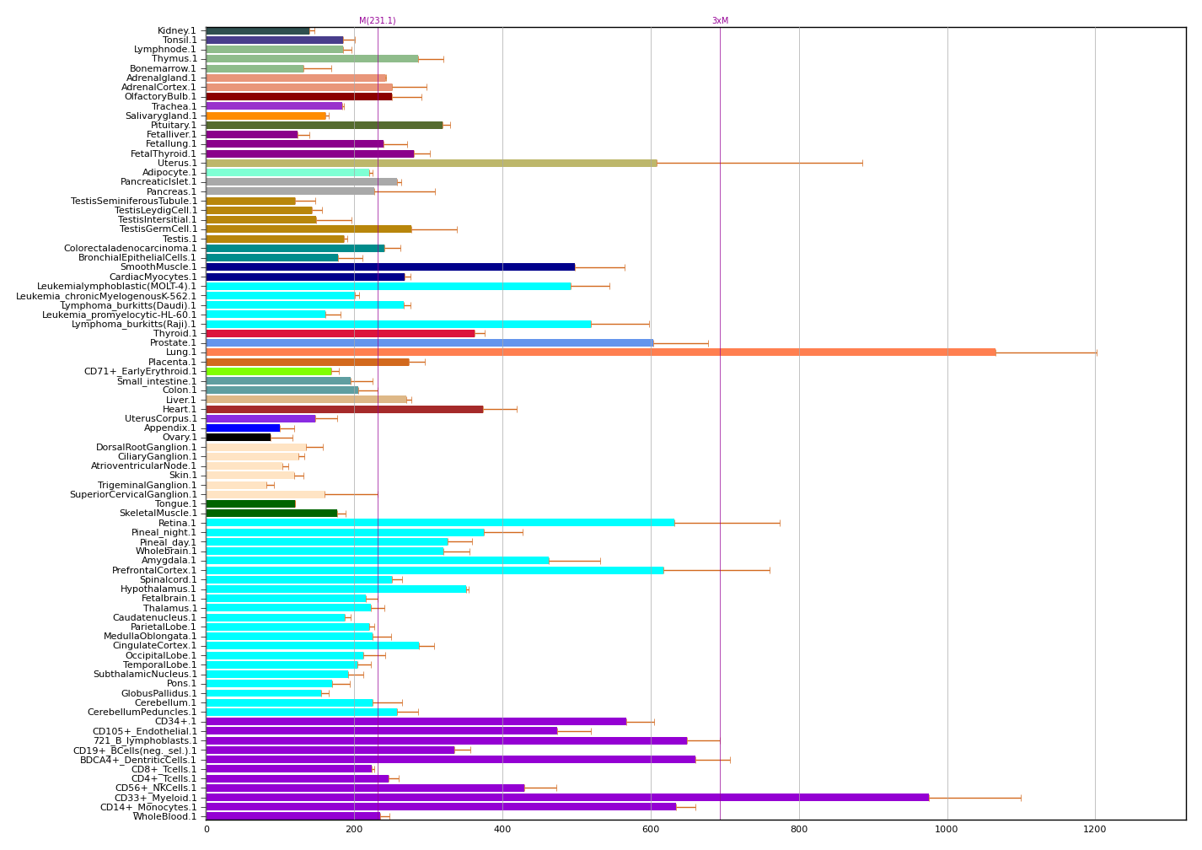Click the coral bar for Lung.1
coord(600,352)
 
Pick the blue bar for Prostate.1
coord(429,343)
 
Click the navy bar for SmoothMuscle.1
coord(390,267)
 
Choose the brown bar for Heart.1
coord(344,409)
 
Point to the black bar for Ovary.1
coord(239,437)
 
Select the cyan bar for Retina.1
coord(440,523)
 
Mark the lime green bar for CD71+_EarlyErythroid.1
coord(269,371)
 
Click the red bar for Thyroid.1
coord(340,333)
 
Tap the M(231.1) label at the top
coord(377,21)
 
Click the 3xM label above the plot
coord(720,21)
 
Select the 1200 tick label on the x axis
coord(1095,830)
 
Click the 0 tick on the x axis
coord(207,830)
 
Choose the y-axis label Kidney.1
coord(176,31)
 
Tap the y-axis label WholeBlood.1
coord(165,816)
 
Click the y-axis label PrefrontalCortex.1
coord(154,570)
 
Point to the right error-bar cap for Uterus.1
coord(862,164)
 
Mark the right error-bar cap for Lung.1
coord(1097,352)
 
